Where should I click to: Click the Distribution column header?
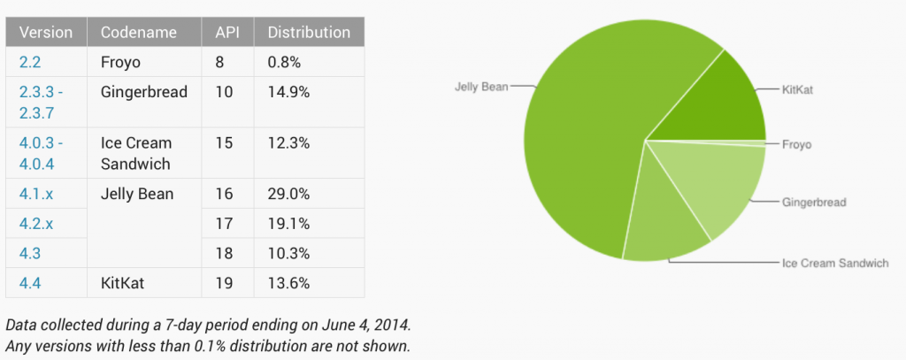pyautogui.click(x=309, y=33)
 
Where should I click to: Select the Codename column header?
pyautogui.click(x=138, y=33)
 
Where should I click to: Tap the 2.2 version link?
pyautogui.click(x=28, y=63)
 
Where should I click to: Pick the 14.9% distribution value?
pyautogui.click(x=288, y=92)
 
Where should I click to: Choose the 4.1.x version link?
pyautogui.click(x=35, y=194)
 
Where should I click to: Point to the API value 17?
pyautogui.click(x=224, y=224)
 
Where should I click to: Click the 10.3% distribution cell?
pyautogui.click(x=288, y=253)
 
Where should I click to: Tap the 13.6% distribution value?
pyautogui.click(x=288, y=283)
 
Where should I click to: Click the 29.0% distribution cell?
pyautogui.click(x=288, y=194)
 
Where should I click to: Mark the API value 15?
pyautogui.click(x=224, y=142)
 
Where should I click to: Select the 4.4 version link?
pyautogui.click(x=28, y=283)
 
